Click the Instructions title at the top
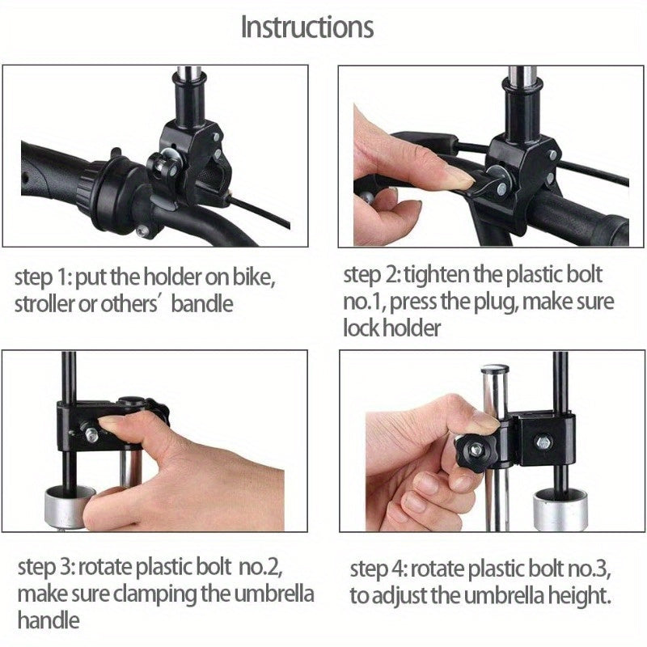(x=307, y=27)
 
